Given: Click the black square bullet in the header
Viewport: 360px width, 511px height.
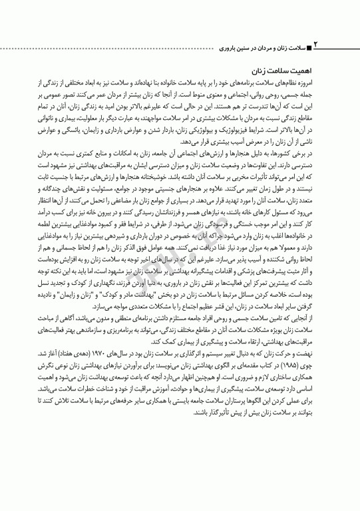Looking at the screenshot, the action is point(308,49).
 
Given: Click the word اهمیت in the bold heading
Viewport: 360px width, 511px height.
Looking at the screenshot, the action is point(303,69).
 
